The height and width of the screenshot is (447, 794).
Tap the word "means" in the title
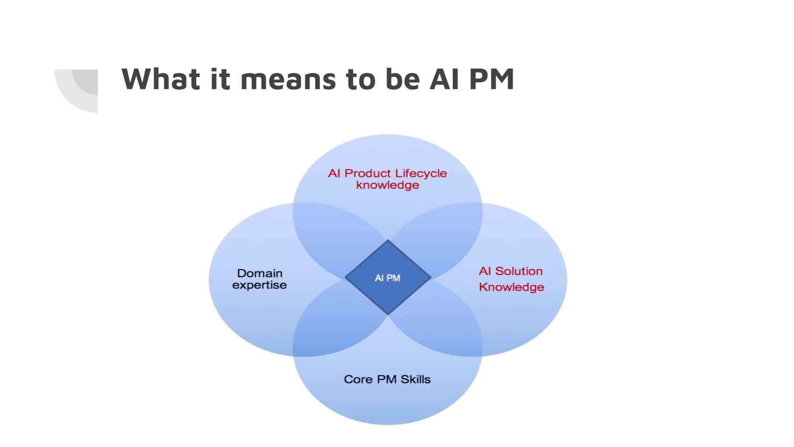288,82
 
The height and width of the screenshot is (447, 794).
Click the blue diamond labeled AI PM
388,277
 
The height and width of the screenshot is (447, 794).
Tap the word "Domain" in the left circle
260,273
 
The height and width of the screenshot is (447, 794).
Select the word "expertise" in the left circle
259,285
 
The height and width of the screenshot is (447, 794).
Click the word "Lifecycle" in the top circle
421,174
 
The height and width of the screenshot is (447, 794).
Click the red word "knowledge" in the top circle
388,185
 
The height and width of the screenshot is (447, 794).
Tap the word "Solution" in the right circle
518,271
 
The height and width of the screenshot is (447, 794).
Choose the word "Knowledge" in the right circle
511,287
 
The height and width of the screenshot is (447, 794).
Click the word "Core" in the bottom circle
358,379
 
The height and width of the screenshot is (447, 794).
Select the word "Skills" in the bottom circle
415,379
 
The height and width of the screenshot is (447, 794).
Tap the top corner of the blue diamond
388,240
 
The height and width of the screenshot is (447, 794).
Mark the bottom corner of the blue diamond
388,315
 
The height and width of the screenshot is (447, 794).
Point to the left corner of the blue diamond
345,277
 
